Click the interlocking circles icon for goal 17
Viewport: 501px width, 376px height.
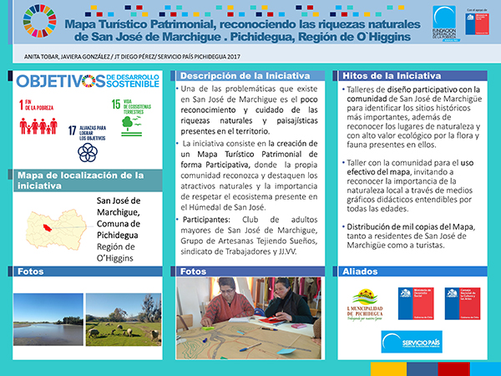[x=87, y=151]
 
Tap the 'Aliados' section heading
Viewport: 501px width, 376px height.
[x=360, y=272]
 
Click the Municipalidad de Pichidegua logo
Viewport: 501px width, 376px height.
[x=363, y=305]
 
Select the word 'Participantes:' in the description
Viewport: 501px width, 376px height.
[x=210, y=220]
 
